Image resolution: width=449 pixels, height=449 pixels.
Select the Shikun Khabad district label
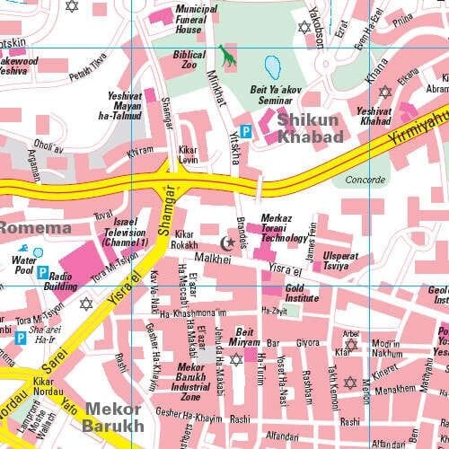point(310,127)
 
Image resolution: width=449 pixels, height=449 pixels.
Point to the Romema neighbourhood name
point(34,228)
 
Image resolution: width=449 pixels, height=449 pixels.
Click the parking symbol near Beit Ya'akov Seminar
point(245,131)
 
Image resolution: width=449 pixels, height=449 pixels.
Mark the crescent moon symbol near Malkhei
point(227,242)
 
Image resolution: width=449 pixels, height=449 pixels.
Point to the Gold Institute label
point(302,294)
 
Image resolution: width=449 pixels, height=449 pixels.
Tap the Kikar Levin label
point(188,154)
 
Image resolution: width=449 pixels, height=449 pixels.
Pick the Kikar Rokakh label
point(184,239)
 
